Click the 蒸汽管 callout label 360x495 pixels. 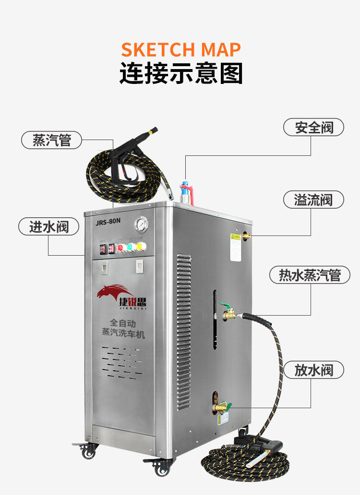[51, 141]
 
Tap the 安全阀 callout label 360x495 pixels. [314, 128]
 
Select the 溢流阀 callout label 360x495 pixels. [313, 200]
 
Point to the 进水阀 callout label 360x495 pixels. [48, 226]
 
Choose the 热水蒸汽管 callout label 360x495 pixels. [310, 275]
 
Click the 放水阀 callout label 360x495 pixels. [313, 370]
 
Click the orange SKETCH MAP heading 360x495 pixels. [180, 49]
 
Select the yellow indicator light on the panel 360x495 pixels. [139, 247]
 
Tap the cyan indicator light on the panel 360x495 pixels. [130, 247]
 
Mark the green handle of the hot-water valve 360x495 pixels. [225, 306]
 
